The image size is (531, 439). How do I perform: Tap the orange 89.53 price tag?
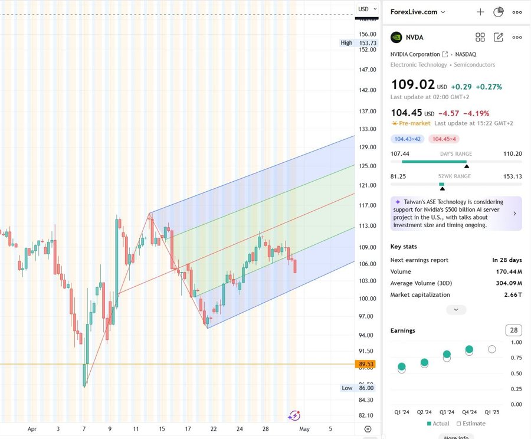[x=366, y=365]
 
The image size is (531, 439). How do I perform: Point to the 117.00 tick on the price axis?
[x=368, y=205]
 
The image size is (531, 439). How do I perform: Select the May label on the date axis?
[x=304, y=429]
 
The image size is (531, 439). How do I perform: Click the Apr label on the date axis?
[x=32, y=429]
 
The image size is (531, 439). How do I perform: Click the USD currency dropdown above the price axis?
[x=366, y=9]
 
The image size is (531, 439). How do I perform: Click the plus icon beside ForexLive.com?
[x=480, y=12]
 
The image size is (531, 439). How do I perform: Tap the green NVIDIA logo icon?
[x=396, y=37]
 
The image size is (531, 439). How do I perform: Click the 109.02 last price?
[x=412, y=86]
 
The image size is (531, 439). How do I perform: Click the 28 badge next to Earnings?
[x=514, y=330]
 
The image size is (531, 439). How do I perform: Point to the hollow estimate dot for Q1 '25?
[x=492, y=349]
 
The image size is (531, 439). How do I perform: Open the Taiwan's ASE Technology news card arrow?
[x=514, y=214]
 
